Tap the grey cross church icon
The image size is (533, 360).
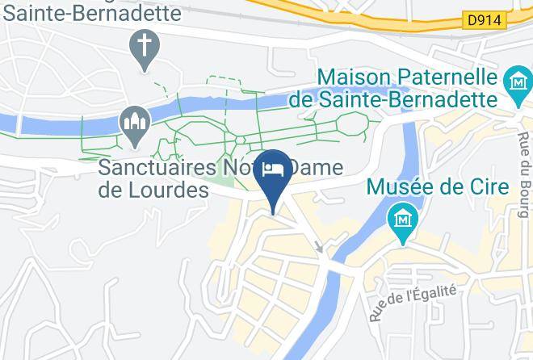pos(145,45)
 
